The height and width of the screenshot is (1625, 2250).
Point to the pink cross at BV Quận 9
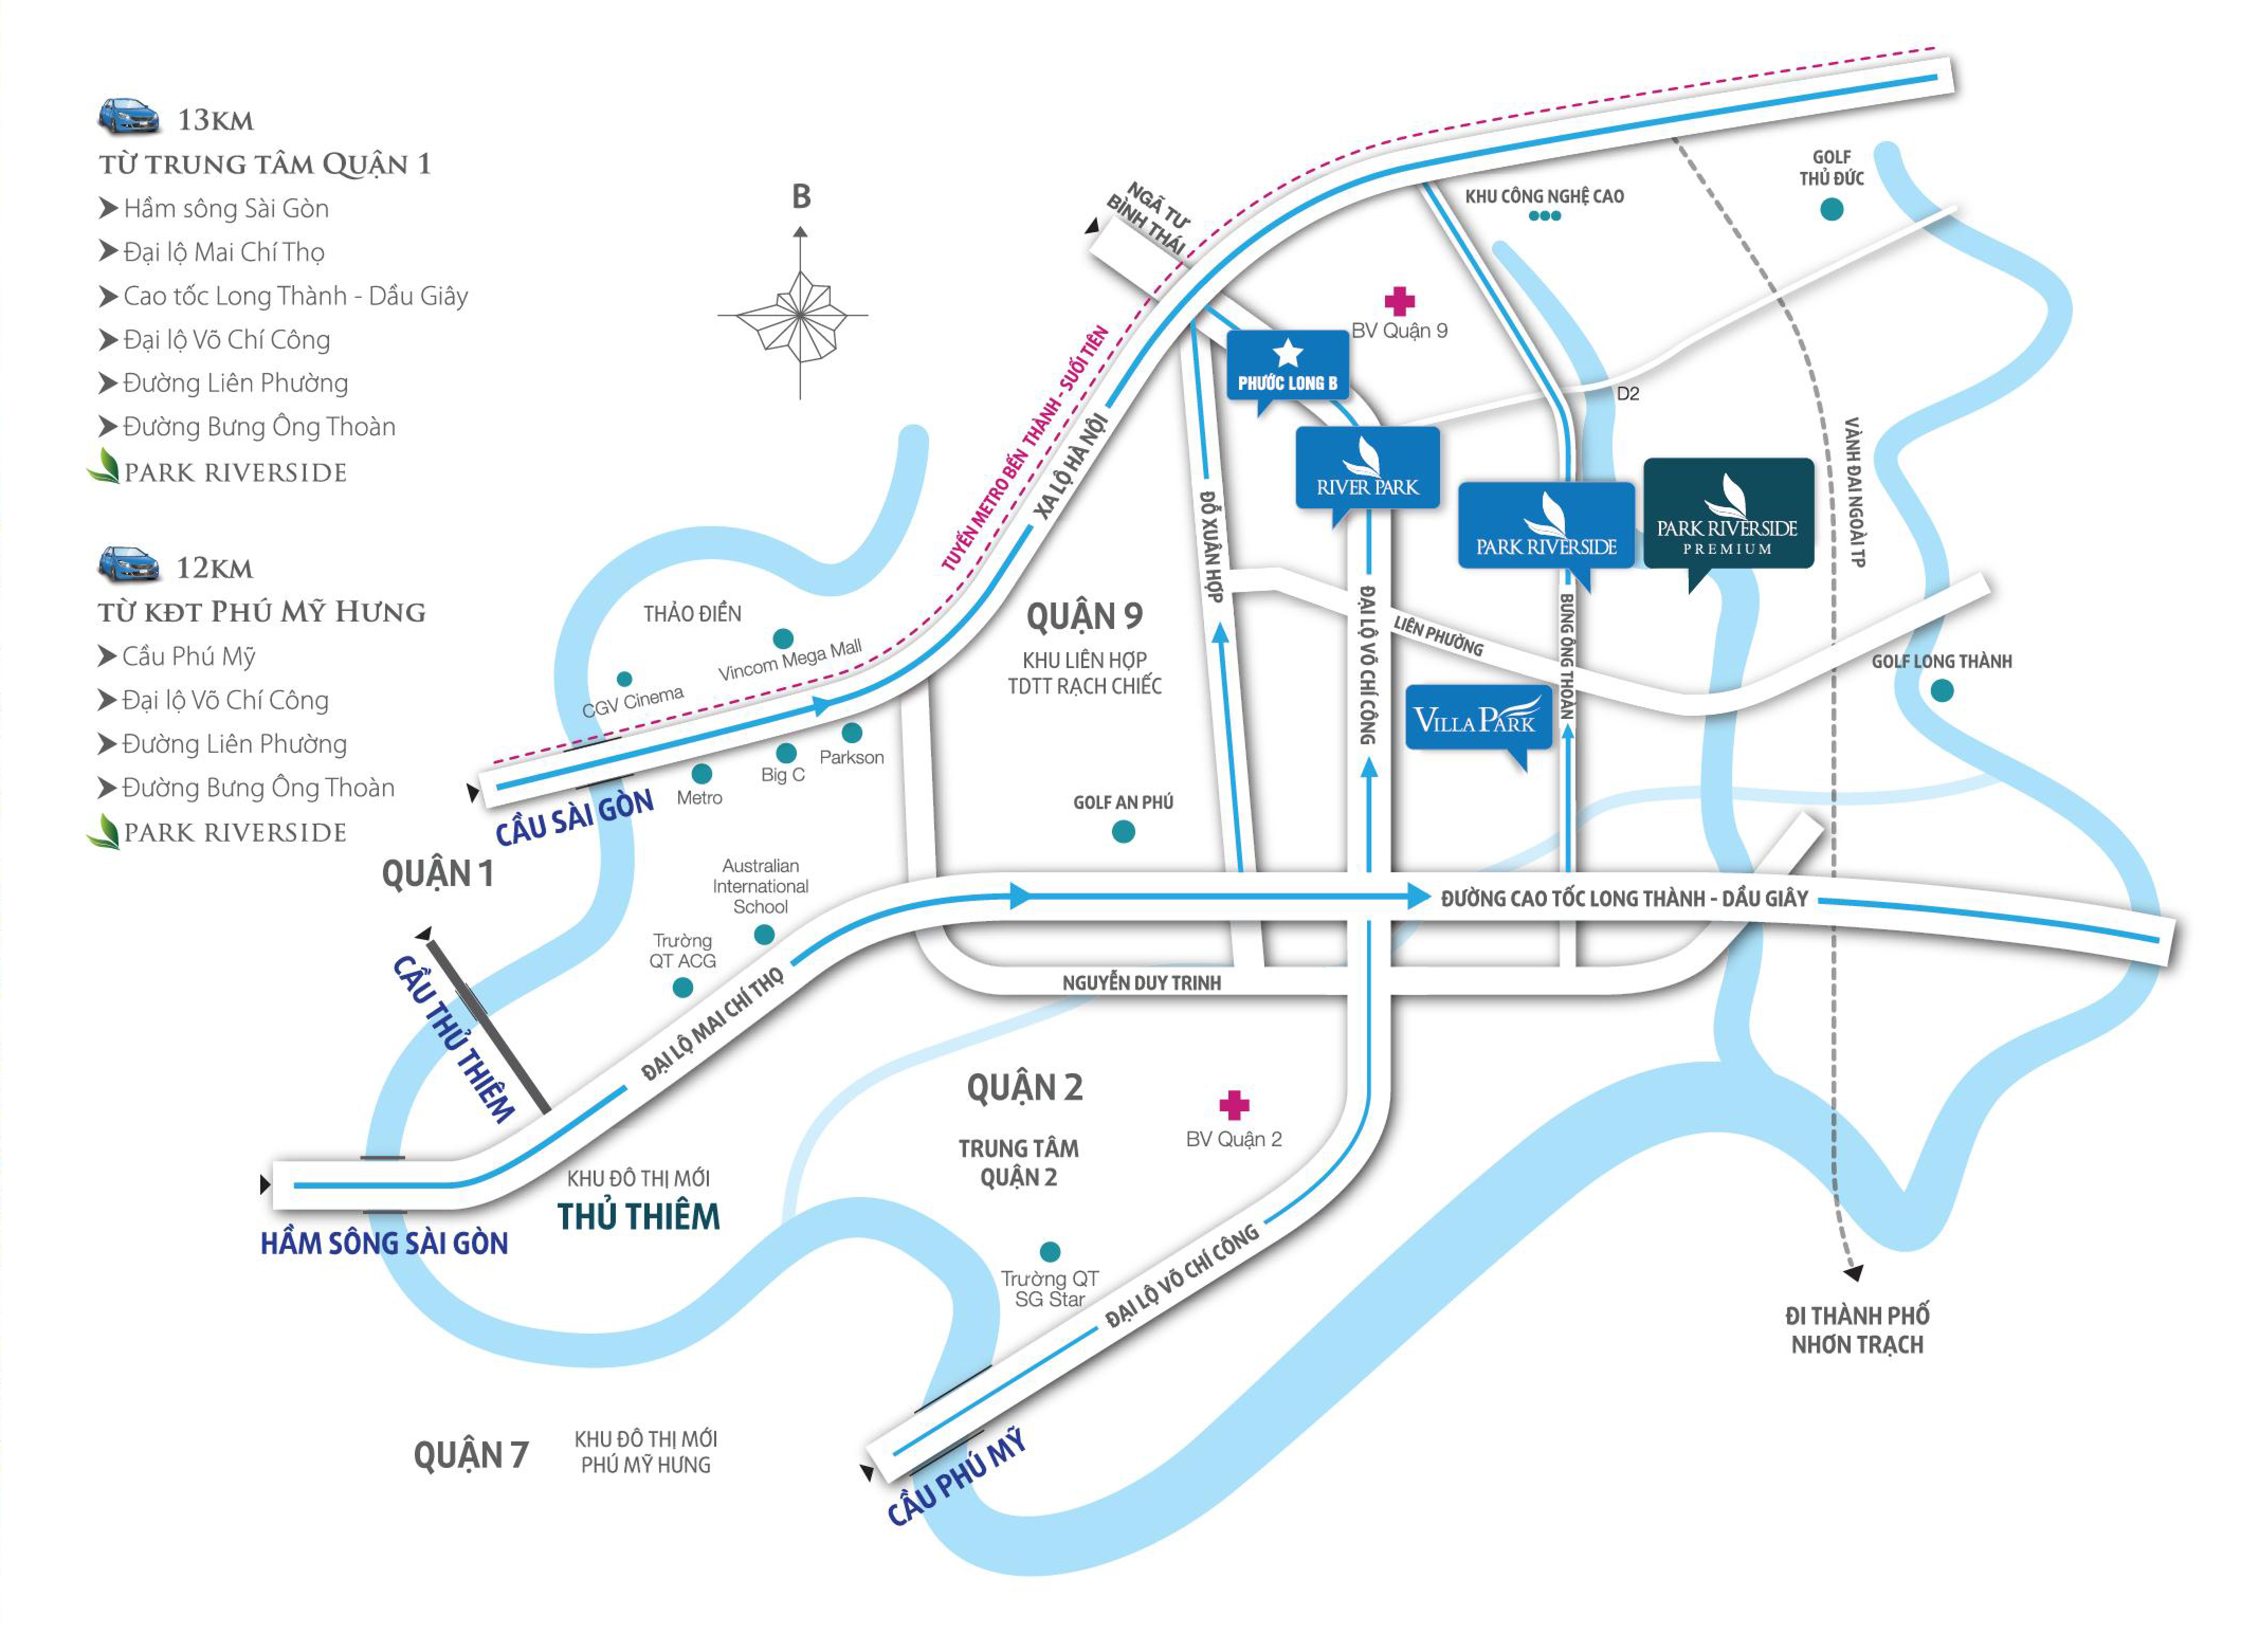(1399, 300)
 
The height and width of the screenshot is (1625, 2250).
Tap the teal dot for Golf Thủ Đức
(1832, 209)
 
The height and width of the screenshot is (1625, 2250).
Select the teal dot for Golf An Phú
(1123, 833)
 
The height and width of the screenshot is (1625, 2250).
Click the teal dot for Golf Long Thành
(1942, 690)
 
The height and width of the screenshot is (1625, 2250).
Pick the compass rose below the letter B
(799, 315)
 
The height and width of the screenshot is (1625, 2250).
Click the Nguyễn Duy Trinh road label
(1141, 982)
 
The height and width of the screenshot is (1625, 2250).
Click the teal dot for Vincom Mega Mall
(783, 638)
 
